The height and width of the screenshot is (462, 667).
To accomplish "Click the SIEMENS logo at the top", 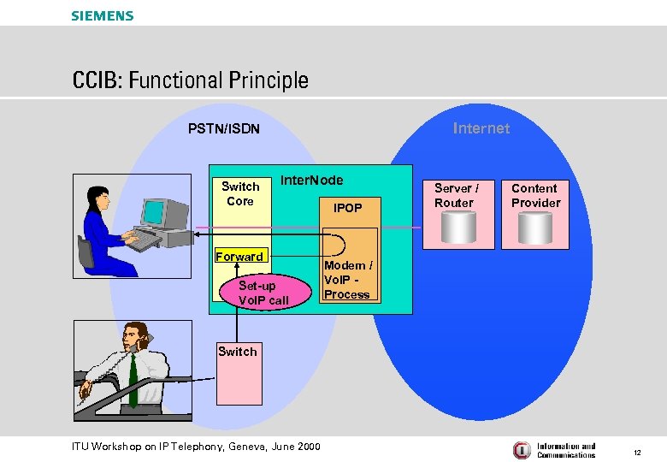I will coord(102,15).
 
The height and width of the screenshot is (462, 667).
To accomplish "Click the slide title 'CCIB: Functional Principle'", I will coord(190,81).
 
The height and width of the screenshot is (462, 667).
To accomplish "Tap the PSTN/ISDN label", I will coord(224,130).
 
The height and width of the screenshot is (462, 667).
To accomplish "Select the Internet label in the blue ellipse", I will coord(481,128).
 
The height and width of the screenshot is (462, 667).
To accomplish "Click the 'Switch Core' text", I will coord(240,193).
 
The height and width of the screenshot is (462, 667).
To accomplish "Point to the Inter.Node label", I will coord(311,180).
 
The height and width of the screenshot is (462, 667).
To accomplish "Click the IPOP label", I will coord(347,208).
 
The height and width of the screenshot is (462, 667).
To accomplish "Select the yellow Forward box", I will coord(239,257).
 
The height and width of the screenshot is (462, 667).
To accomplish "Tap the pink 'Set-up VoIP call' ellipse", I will coord(263,293).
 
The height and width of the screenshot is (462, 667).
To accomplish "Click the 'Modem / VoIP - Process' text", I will coord(347,280).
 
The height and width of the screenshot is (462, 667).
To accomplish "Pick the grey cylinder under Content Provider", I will coord(535,228).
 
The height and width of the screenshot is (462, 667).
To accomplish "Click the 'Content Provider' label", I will coord(535,195).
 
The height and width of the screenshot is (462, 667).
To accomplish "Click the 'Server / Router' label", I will coord(456,195).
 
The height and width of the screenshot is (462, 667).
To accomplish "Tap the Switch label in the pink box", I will coord(237,352).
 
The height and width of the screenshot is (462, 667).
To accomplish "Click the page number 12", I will coord(636,451).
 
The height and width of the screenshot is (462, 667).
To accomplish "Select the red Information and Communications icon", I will coord(522,450).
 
